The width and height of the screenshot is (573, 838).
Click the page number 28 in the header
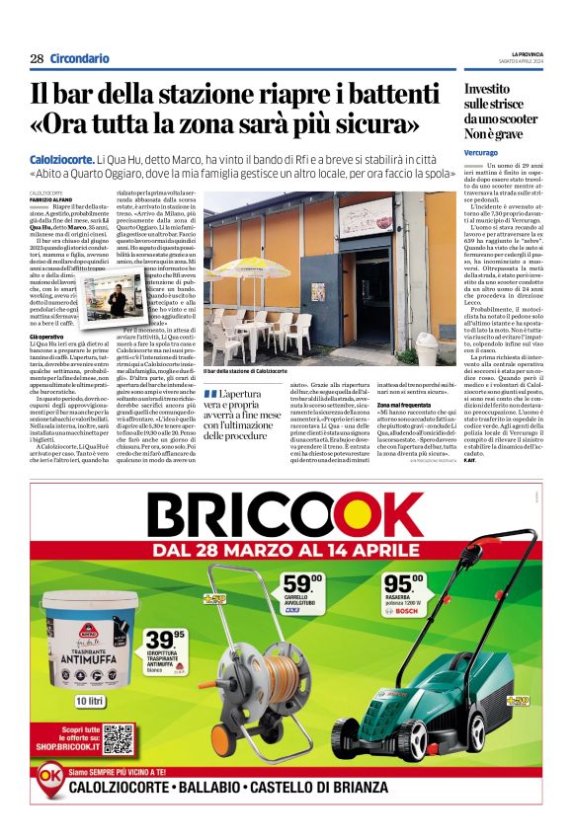coord(37,58)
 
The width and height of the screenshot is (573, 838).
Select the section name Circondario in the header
coord(79,58)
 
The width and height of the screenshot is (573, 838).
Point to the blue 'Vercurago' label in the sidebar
coord(483,154)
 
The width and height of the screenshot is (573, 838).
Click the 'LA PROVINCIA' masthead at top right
coord(525,53)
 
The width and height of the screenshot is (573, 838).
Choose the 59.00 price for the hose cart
coord(302,585)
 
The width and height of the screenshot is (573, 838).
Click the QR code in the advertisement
coord(116,737)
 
